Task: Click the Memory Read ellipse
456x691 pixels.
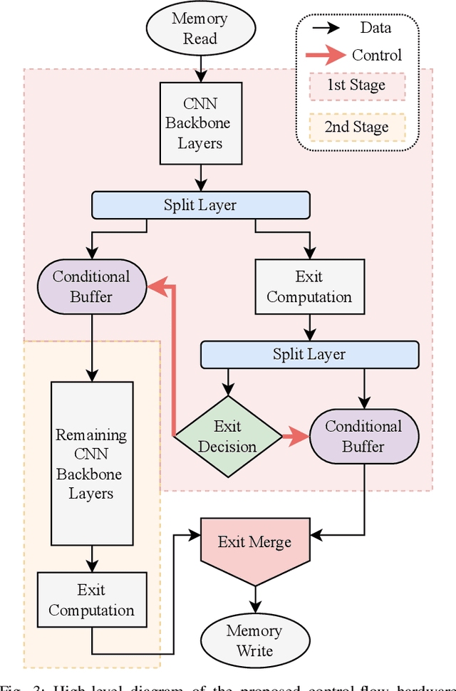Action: coord(200,28)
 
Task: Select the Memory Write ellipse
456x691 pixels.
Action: coord(254,640)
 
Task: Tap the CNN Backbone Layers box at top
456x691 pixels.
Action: coord(200,123)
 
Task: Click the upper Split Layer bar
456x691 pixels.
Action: coord(200,205)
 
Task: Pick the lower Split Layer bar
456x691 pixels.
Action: coord(309,354)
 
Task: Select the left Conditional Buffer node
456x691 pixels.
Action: coord(91,287)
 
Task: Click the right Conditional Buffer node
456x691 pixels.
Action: coord(364,436)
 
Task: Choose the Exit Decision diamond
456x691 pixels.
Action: coord(227,436)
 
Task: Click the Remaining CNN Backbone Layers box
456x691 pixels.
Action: coord(91,464)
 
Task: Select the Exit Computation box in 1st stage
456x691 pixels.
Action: coord(309,287)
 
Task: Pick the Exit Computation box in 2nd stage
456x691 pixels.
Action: coord(91,600)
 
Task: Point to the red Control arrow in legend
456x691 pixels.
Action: coord(324,56)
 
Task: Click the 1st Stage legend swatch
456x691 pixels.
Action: coord(356,85)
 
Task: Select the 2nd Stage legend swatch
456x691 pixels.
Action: coord(356,128)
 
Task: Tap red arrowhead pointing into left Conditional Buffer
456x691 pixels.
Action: coord(155,287)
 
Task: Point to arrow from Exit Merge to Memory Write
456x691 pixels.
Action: coord(254,597)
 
